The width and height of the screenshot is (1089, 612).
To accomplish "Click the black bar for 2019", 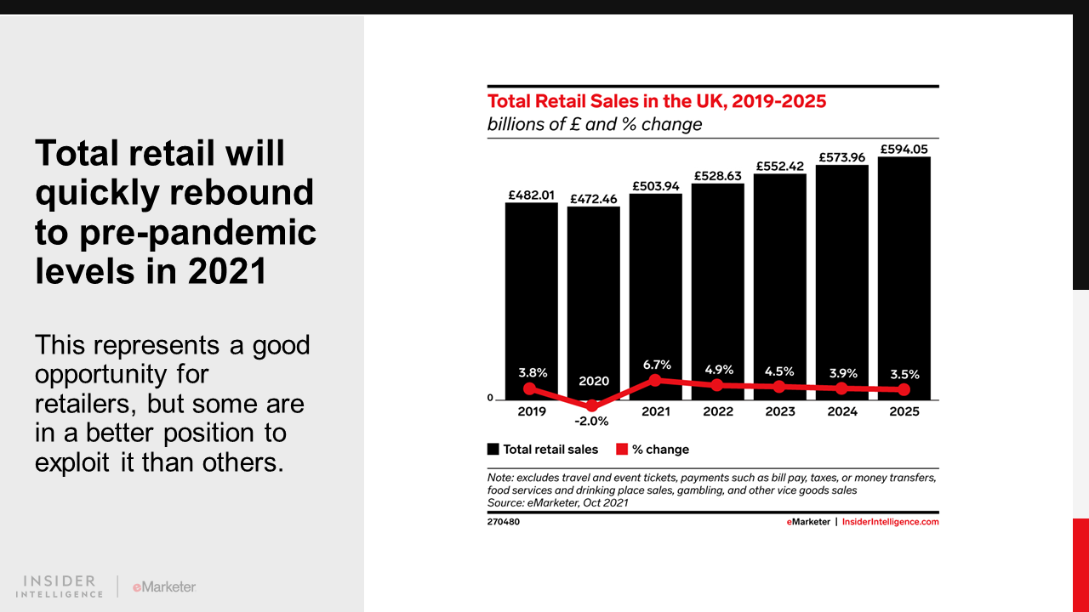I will point(531,289).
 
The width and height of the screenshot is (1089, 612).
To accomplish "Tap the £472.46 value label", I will point(593,198).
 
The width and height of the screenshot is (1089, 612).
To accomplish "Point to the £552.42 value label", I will point(779,165).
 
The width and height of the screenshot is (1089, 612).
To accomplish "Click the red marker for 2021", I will point(655,380).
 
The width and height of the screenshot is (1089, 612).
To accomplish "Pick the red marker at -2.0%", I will point(593,405).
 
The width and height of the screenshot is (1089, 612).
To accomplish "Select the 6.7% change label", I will point(656,365).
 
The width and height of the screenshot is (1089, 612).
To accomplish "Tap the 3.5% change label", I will point(904,374).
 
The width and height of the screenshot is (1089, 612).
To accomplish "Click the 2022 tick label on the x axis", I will point(718,411).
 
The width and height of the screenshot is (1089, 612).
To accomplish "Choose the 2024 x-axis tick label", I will point(842,411).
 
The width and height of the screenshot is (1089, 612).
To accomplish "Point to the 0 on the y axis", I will point(490,398).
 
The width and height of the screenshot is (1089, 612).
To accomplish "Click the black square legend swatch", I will point(493,450).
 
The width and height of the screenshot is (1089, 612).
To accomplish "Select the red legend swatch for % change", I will point(621,450).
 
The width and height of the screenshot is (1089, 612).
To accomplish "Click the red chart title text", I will point(656,101).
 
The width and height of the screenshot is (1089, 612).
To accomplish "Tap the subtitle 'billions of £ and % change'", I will point(595,125).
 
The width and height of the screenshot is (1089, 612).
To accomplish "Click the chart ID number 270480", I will point(503,522).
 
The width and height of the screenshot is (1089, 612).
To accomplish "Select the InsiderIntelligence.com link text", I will point(890,522).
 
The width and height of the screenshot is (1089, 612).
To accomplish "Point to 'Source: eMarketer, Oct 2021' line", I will point(557,502).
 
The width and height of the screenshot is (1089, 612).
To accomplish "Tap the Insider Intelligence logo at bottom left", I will point(60,586).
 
